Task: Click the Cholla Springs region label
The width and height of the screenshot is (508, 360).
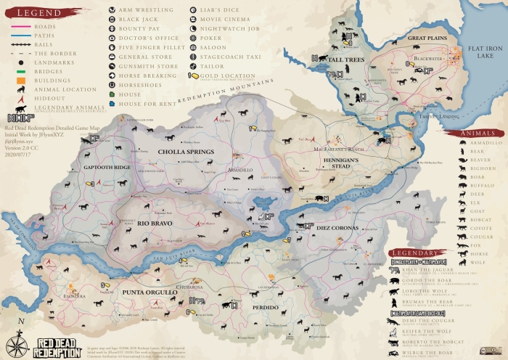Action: point(187,152)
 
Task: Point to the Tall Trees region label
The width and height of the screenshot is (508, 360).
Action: point(345,59)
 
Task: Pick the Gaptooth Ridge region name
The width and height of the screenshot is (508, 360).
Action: point(107,167)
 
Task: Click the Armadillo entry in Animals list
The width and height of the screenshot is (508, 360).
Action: point(481,142)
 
